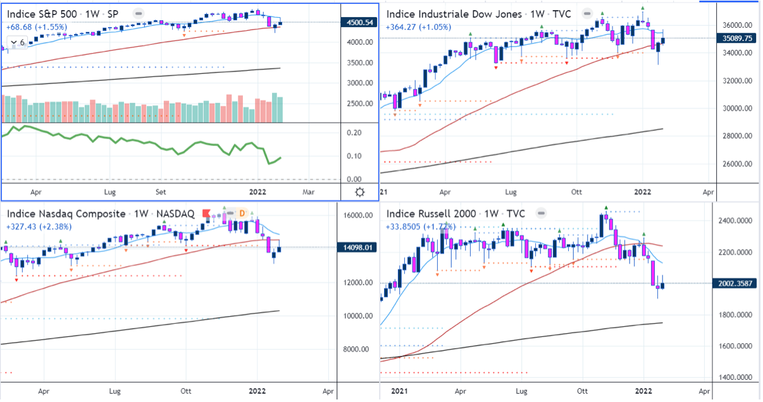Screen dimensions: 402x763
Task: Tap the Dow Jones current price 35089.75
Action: (738, 38)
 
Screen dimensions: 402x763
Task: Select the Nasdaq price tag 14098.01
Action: (359, 248)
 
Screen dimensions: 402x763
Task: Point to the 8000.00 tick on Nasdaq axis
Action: (357, 350)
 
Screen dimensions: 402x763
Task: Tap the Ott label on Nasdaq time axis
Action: (187, 391)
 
